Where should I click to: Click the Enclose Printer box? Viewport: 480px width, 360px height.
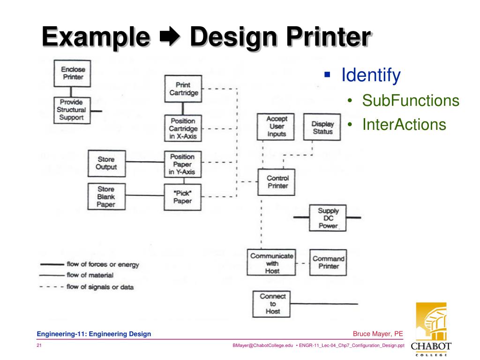tap(72, 73)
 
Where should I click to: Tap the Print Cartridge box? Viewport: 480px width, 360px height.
tap(184, 89)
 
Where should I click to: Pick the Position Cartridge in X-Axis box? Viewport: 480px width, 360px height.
tap(184, 128)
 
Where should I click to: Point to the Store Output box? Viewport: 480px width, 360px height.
tap(106, 163)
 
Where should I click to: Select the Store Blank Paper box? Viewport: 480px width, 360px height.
tap(106, 197)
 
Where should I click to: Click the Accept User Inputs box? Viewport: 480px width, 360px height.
tap(276, 127)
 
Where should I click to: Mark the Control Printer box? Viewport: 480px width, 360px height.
tap(277, 182)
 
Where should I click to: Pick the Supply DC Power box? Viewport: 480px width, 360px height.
tap(328, 218)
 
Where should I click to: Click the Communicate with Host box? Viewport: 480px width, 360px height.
tap(272, 263)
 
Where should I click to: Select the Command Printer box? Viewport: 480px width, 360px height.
tap(328, 262)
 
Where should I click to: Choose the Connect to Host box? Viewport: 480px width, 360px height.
tap(272, 304)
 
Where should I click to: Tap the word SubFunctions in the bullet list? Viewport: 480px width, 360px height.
tap(410, 100)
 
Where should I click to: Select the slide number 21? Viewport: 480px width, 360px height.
tap(39, 346)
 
